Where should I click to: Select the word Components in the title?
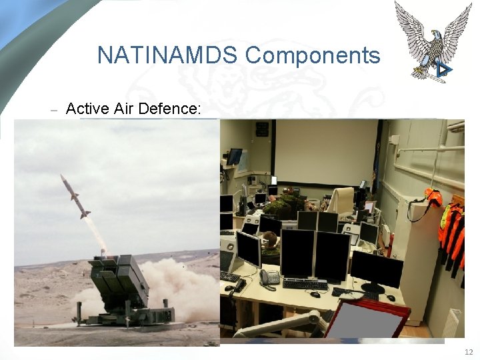[313, 55]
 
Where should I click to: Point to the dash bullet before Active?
[55, 109]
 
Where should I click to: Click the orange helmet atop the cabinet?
[434, 197]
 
